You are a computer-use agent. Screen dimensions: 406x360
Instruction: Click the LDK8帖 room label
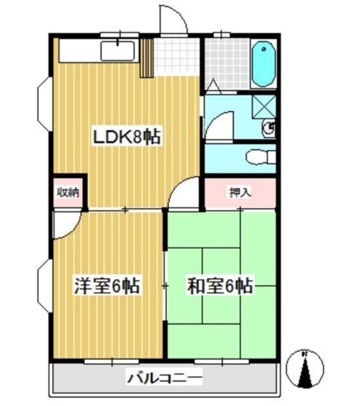click(x=126, y=137)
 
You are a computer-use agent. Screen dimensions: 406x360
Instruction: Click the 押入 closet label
click(x=239, y=192)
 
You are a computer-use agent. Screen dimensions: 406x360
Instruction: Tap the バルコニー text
click(x=164, y=379)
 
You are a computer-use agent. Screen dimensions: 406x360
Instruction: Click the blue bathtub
click(x=263, y=65)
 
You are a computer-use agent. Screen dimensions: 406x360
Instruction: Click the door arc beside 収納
click(x=66, y=226)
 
